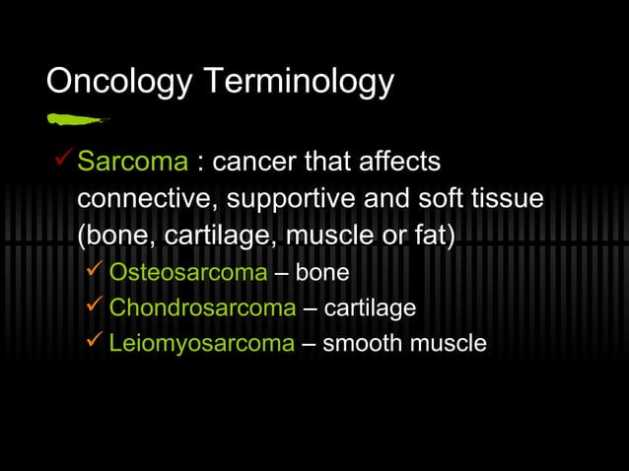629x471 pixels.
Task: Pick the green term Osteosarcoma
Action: [x=187, y=272]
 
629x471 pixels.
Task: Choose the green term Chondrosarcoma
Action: [x=202, y=307]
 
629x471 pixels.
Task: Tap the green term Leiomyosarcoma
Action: [x=201, y=343]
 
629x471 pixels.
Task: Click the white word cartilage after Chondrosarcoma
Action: [x=370, y=307]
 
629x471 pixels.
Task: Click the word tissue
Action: [x=507, y=198]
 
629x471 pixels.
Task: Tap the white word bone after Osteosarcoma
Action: [x=322, y=272]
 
